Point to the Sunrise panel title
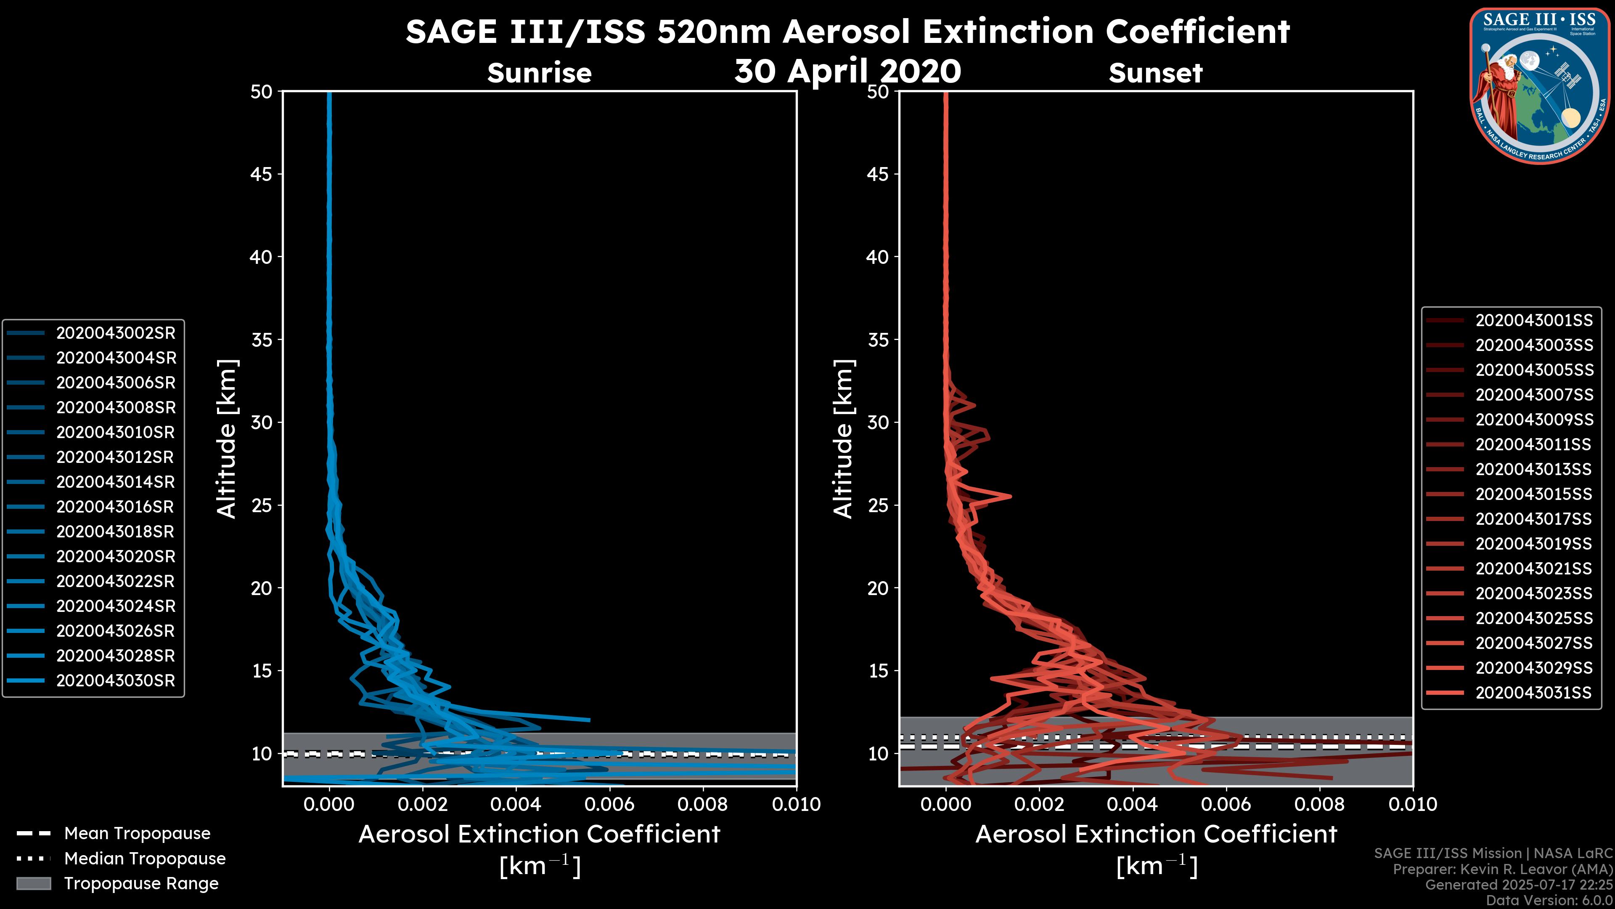pos(539,73)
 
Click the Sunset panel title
pos(1155,73)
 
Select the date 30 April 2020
pos(847,71)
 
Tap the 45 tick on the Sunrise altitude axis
pos(262,174)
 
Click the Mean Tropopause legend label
pos(137,834)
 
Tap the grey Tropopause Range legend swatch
pos(33,884)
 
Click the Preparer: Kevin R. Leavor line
pos(1502,869)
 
